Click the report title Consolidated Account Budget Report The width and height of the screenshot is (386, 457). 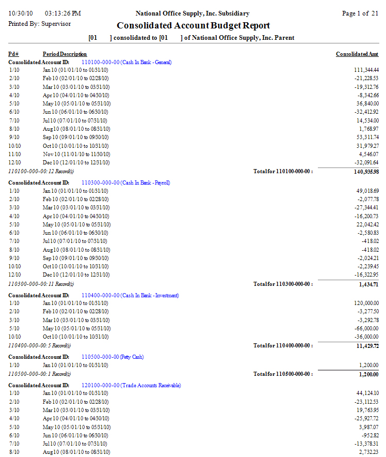coord(193,25)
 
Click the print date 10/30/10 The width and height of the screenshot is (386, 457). coord(20,13)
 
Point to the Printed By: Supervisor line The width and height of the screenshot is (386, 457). coord(40,24)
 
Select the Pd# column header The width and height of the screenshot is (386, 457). coord(13,54)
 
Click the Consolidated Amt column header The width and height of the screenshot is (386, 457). coord(357,54)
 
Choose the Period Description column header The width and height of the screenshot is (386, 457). coord(65,54)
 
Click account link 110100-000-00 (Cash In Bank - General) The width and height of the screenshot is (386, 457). coord(126,62)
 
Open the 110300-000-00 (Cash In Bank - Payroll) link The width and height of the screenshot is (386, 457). coord(126,182)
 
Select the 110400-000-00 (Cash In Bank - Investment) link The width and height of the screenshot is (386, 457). coord(130,295)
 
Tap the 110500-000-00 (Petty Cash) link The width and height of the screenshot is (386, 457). coord(112,357)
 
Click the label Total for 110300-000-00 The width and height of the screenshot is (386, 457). coord(283,284)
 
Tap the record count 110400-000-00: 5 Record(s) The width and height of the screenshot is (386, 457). coord(39,345)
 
